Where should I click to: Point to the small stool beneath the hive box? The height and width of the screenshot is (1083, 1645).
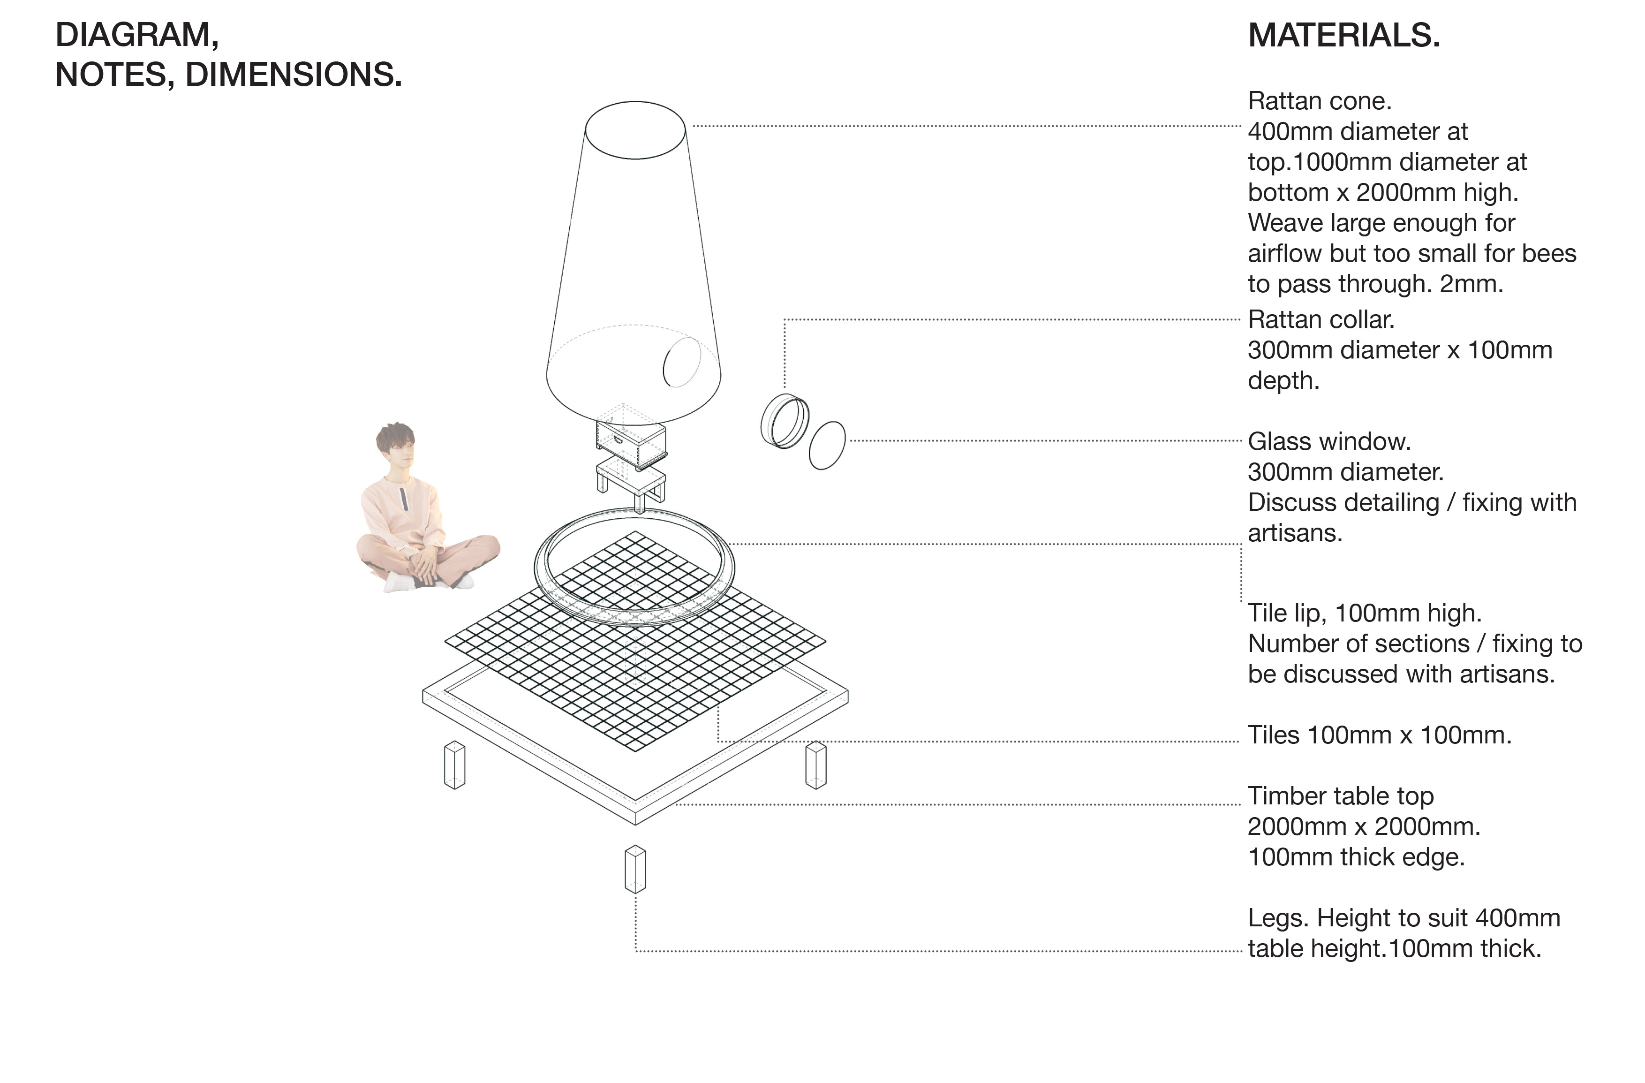[630, 483]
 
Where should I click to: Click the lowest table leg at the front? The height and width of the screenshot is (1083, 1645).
[635, 869]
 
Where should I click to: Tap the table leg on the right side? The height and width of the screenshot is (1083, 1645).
[816, 765]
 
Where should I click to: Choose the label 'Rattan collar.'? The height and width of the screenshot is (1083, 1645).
[1321, 320]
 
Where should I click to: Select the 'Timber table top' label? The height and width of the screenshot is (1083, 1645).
[1341, 796]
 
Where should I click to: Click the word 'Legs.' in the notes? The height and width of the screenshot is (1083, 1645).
[1279, 918]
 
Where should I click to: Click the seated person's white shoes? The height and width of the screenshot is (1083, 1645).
[429, 582]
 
